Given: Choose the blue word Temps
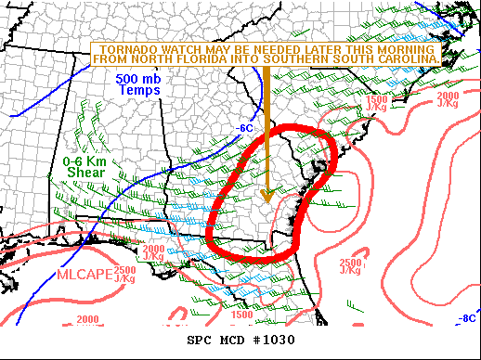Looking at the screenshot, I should (x=140, y=92).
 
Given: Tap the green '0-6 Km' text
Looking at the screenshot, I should (x=81, y=161).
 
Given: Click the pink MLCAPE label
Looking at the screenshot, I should (x=84, y=274).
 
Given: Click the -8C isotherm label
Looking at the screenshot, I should (x=467, y=318).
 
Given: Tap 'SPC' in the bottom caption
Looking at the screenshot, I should (x=201, y=340).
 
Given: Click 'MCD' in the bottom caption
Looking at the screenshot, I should (x=232, y=340).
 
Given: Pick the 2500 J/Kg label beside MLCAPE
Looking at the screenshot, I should (x=124, y=273).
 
